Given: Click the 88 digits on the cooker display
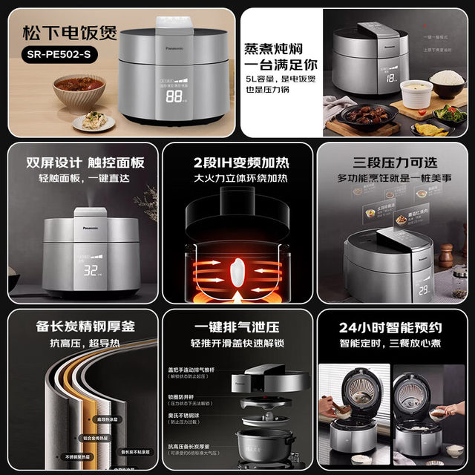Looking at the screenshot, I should (176, 96).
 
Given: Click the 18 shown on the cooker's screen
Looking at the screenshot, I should (391, 76).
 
